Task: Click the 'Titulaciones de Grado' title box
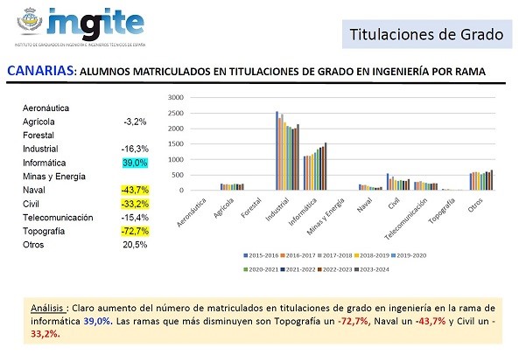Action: [426, 36]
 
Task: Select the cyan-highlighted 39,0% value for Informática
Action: [135, 163]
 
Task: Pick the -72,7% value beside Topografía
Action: [135, 231]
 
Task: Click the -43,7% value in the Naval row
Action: [135, 190]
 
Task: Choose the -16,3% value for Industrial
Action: [135, 149]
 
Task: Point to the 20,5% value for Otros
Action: [135, 245]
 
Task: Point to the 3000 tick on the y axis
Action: [175, 98]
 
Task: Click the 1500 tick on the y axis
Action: [175, 144]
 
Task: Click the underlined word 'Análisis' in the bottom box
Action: [49, 308]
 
